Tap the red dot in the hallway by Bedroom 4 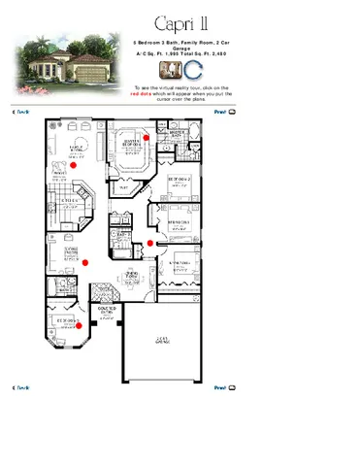149,243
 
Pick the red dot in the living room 85,261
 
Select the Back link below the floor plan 19,387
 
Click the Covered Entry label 107,311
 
